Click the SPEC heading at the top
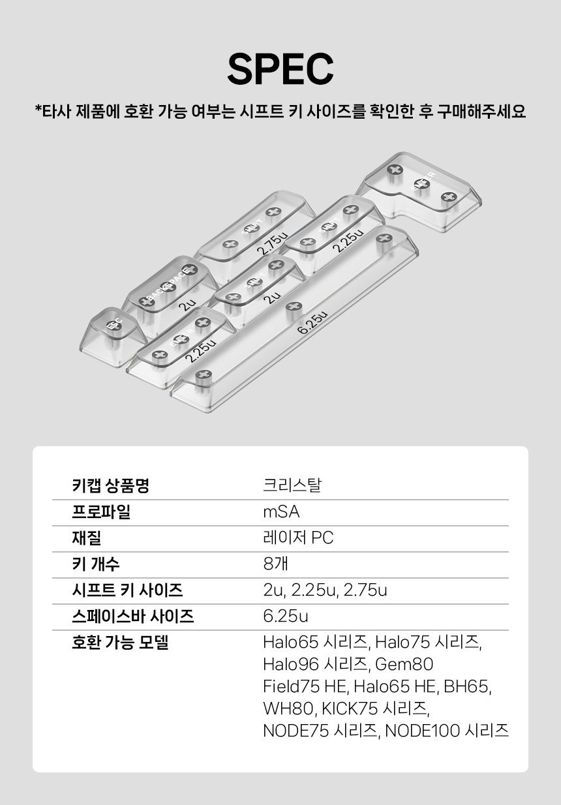[280, 68]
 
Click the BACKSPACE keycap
[168, 287]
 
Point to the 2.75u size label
[271, 241]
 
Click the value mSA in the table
[281, 512]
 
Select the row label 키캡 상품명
[110, 486]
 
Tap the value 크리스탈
[292, 486]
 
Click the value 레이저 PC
[298, 538]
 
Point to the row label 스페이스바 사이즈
[132, 616]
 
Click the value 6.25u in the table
[286, 616]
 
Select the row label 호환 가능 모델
[120, 643]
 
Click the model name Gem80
[404, 665]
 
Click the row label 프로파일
[100, 512]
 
